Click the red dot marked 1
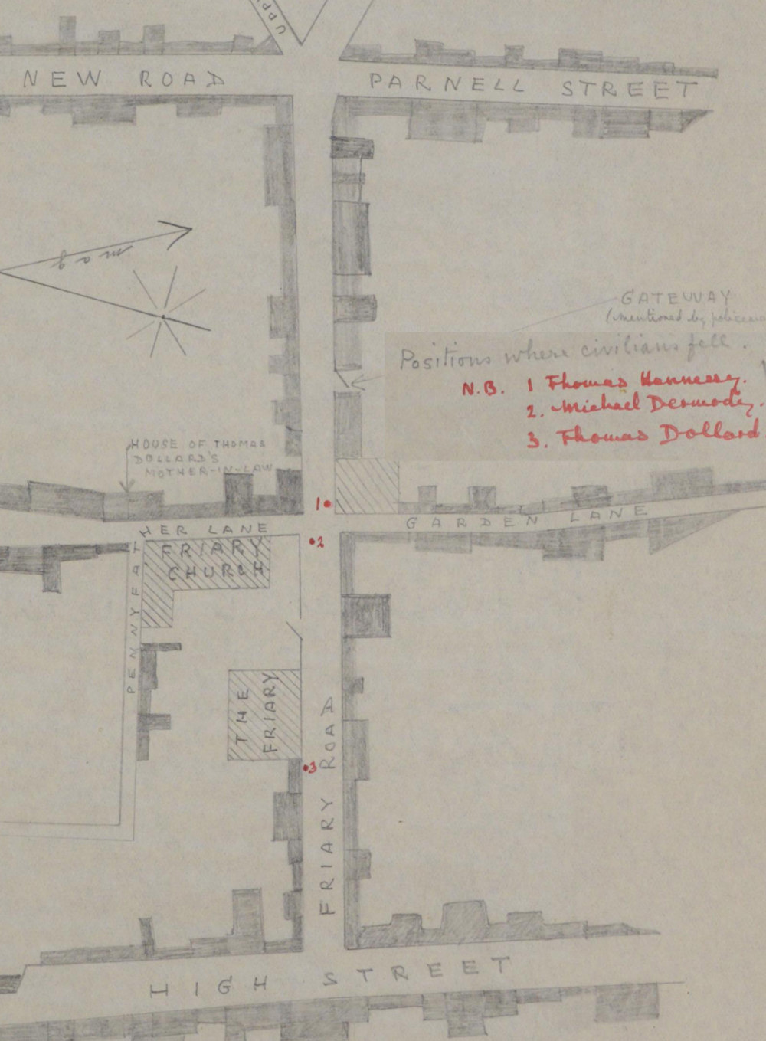click(327, 504)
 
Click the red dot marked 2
click(311, 542)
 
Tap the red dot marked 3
click(305, 767)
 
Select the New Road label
click(123, 79)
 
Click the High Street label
click(329, 978)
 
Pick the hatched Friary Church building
click(207, 567)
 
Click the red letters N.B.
click(483, 388)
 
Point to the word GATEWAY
click(676, 297)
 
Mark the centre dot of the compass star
click(163, 316)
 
